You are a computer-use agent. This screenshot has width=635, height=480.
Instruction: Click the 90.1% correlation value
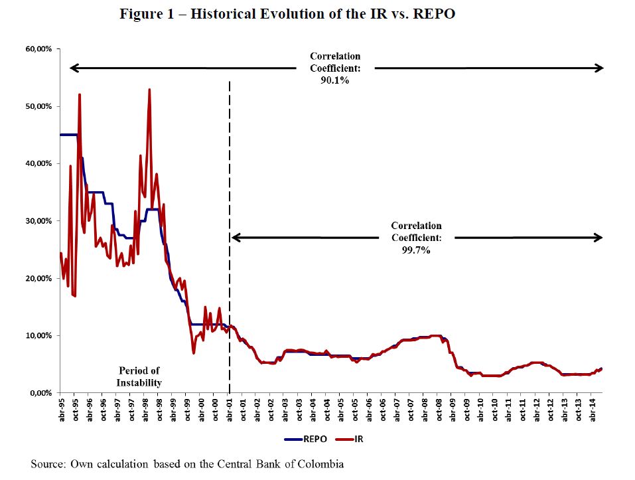pos(334,80)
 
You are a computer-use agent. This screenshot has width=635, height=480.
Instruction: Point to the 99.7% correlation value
pos(416,250)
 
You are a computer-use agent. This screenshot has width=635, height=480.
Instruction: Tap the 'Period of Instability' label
pos(139,376)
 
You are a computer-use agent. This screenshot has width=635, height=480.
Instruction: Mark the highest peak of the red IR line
pos(149,90)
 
